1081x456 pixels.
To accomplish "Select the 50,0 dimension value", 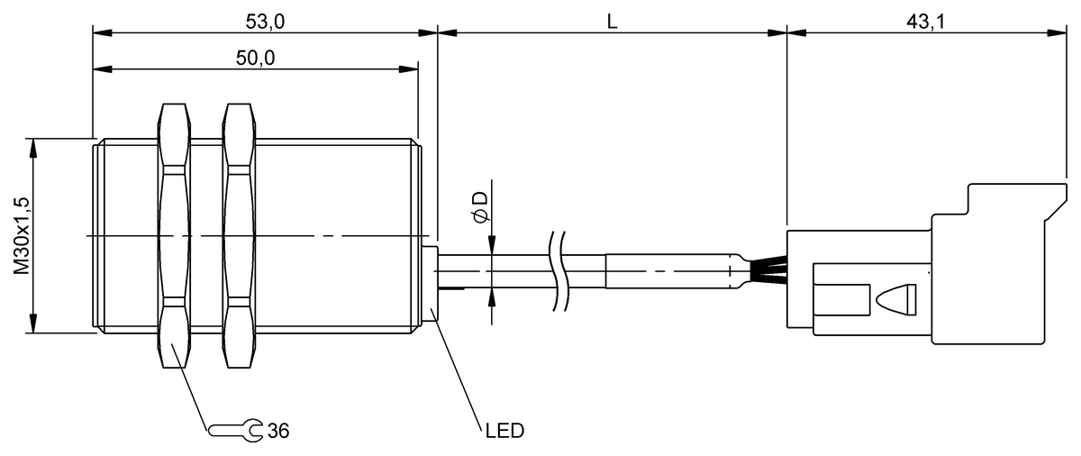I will pyautogui.click(x=255, y=57).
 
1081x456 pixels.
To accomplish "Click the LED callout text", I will pyautogui.click(x=504, y=431).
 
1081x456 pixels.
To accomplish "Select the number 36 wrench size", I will pyautogui.click(x=279, y=431).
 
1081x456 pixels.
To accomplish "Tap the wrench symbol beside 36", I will pyautogui.click(x=236, y=430).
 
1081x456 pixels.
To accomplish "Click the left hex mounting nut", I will pyautogui.click(x=175, y=236).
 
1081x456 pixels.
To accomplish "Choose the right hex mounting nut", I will pyautogui.click(x=239, y=236).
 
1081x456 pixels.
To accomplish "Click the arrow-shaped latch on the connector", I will pyautogui.click(x=893, y=299).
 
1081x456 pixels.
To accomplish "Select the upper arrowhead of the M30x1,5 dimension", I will pyautogui.click(x=33, y=146).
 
